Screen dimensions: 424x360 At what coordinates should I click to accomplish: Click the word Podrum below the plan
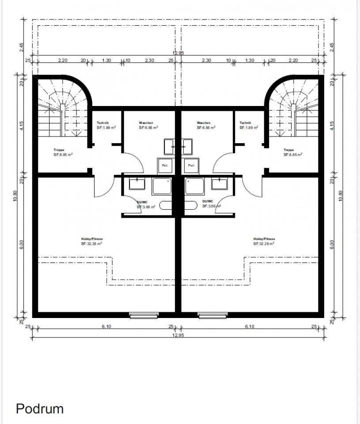pos(40,409)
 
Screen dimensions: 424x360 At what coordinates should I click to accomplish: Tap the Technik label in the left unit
pos(103,123)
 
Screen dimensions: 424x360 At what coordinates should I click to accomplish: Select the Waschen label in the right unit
pos(204,123)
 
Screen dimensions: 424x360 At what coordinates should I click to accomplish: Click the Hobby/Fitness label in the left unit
pos(92,239)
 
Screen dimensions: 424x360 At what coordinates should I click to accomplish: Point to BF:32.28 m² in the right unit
pos(264,243)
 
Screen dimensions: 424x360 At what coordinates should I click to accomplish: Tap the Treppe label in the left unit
pos(59,150)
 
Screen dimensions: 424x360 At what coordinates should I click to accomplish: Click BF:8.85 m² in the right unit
pos(293,155)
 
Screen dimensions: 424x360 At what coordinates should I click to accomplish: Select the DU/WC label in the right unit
pos(208,201)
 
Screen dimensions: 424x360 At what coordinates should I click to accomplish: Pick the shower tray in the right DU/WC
pos(195,186)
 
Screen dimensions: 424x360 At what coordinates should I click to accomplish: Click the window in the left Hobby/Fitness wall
pos(143,315)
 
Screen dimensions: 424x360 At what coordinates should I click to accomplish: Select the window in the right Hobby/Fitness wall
pos(212,315)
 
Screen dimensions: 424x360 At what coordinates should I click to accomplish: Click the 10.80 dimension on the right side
pos(340,196)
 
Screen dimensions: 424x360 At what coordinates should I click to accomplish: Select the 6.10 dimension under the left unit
pos(106,326)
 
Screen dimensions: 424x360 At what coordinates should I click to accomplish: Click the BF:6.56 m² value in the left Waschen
pos(148,127)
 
